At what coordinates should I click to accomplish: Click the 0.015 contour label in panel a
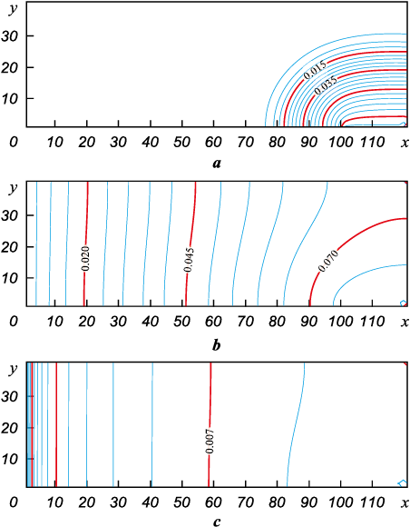315,70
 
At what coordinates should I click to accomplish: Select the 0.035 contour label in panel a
326,85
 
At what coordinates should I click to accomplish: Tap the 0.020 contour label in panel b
85,258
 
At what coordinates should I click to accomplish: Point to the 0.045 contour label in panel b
189,260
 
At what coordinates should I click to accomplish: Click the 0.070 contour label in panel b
328,261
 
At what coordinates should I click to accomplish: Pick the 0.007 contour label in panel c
210,442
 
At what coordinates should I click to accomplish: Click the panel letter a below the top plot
217,164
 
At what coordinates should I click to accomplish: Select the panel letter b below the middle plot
217,345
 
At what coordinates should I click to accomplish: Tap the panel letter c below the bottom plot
217,522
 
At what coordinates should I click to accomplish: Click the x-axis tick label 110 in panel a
373,143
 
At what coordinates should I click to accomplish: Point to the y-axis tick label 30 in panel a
9,36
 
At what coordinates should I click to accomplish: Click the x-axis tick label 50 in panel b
181,322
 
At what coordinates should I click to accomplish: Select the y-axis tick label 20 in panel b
9,247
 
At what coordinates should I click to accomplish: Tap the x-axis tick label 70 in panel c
246,503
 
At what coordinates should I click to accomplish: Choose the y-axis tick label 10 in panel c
9,459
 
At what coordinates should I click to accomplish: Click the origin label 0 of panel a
14,143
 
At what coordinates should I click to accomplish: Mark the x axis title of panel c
405,503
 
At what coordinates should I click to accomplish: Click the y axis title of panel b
13,189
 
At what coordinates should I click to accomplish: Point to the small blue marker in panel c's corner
402,483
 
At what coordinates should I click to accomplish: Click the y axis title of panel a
13,9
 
